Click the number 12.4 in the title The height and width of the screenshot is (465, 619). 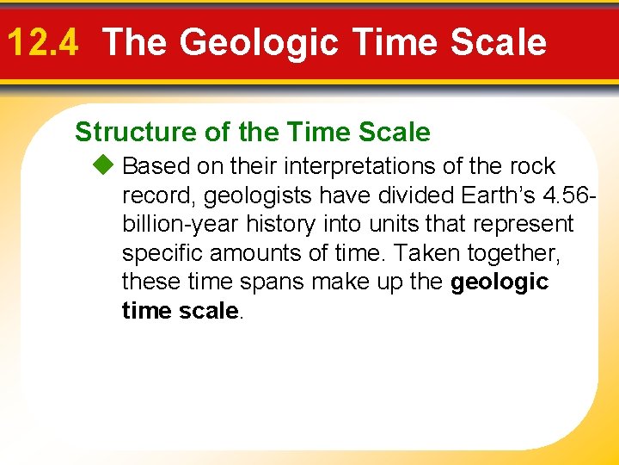pyautogui.click(x=41, y=42)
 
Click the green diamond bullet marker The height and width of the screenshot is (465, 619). pyautogui.click(x=107, y=165)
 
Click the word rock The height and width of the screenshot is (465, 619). pyautogui.click(x=532, y=166)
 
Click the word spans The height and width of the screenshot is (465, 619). pyautogui.click(x=253, y=282)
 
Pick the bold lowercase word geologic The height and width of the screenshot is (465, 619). pyautogui.click(x=499, y=282)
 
